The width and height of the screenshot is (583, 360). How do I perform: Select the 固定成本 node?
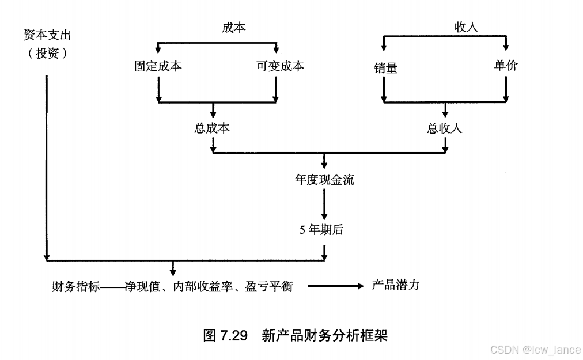click(158, 66)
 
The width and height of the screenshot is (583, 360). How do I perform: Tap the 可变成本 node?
click(281, 66)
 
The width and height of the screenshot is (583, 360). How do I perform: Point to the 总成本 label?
click(213, 128)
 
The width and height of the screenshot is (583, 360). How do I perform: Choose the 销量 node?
click(385, 68)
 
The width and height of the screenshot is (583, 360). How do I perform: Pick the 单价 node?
click(506, 65)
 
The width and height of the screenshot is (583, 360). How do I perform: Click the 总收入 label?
click(444, 128)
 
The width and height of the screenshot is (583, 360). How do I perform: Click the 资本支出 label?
click(47, 35)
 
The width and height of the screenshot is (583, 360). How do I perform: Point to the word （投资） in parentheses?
click(47, 54)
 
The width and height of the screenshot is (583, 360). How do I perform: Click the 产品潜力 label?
click(395, 285)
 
